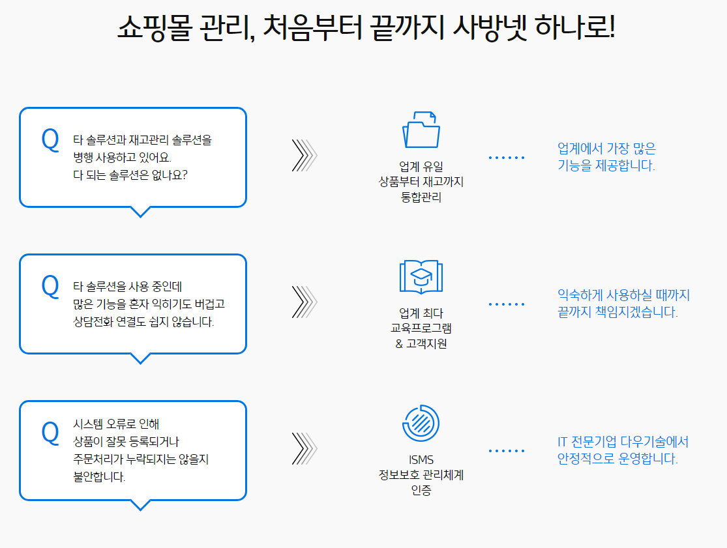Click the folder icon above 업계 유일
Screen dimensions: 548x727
421,129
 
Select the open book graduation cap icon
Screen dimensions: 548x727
421,276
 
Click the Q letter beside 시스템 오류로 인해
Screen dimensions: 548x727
50,433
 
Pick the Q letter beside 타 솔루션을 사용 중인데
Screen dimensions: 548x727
50,286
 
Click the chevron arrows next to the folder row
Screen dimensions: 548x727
304,156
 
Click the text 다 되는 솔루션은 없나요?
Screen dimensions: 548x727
130,175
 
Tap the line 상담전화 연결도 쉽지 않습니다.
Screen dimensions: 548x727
143,322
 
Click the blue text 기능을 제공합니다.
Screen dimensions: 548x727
606,166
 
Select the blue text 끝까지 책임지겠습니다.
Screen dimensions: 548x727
617,312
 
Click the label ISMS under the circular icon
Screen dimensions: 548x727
421,460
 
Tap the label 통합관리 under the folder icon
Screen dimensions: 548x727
421,197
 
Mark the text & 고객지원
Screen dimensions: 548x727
421,344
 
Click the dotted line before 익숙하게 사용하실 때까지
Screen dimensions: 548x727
507,304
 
